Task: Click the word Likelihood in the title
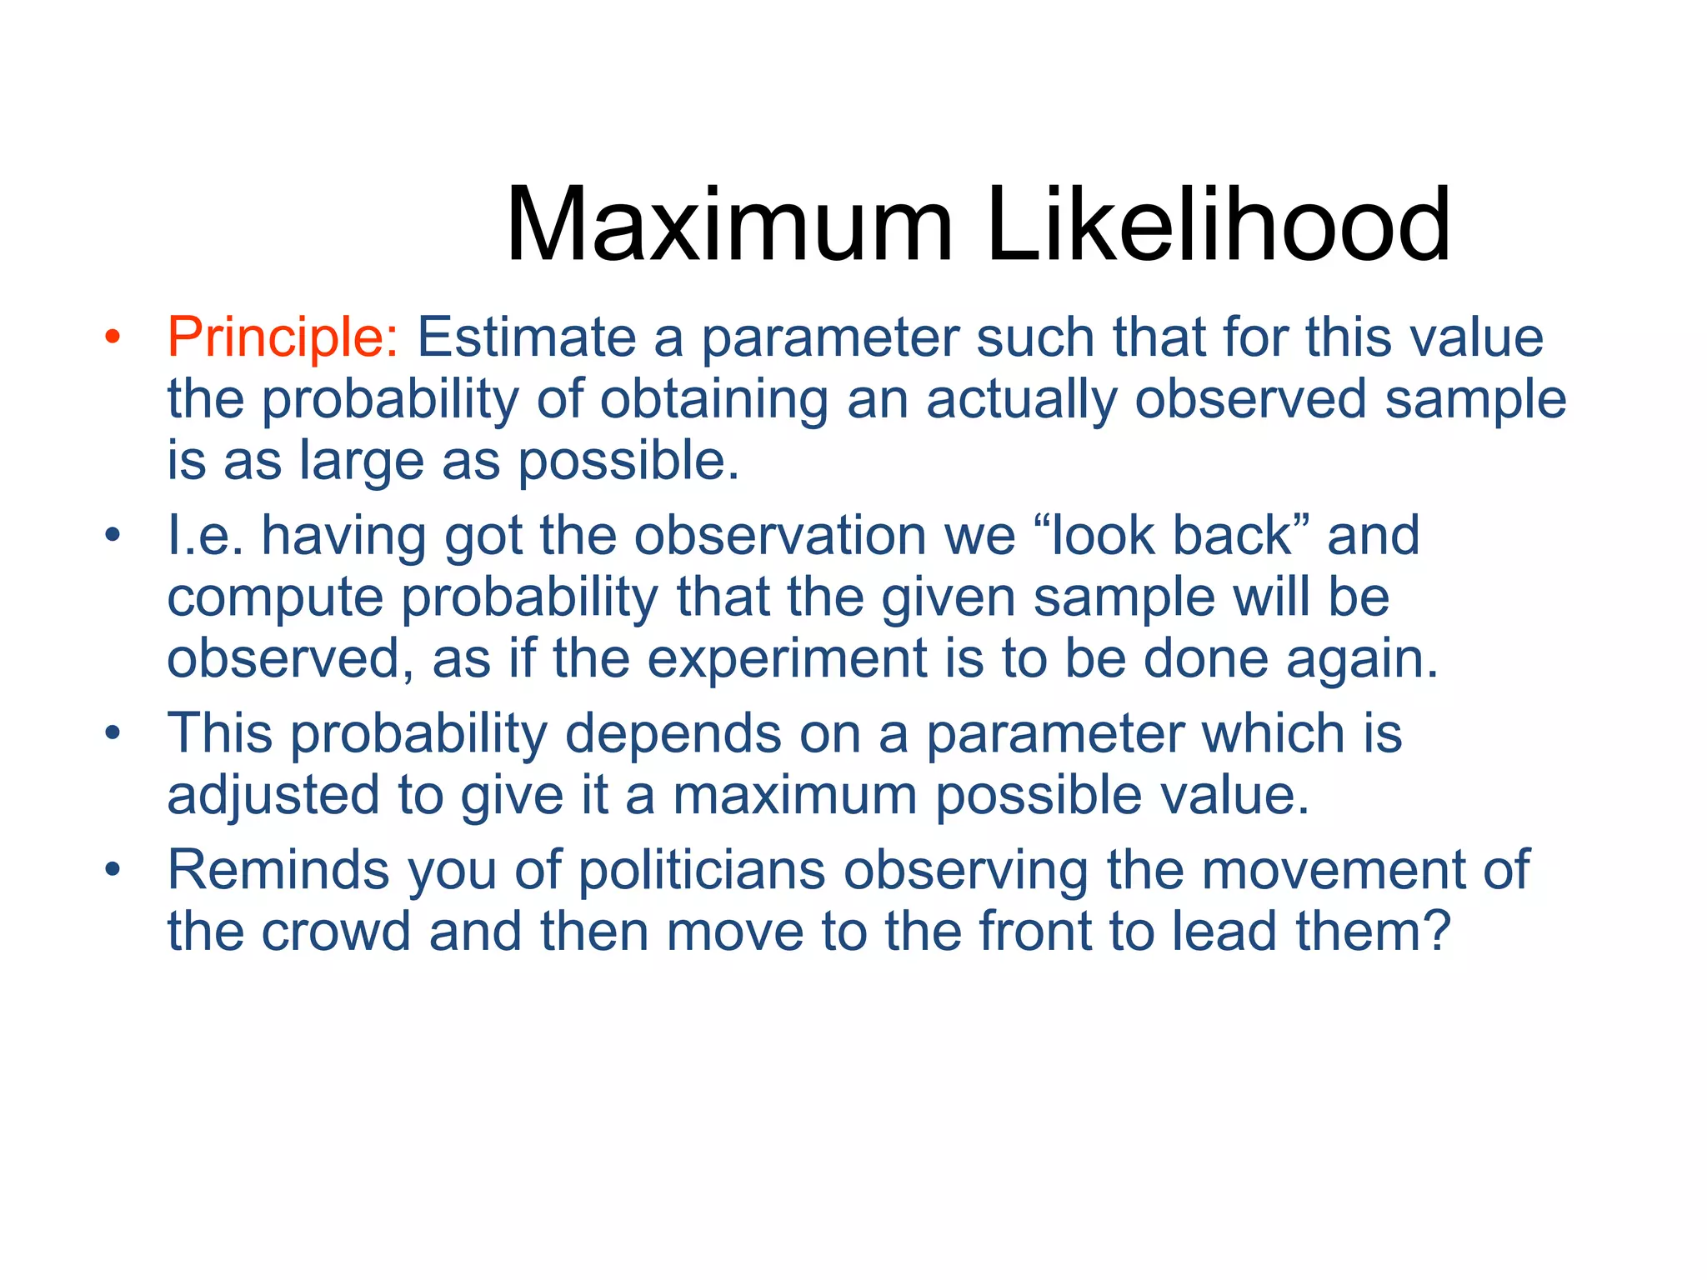[1218, 226]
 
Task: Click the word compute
[275, 598]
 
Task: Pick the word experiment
[787, 659]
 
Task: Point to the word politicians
[701, 870]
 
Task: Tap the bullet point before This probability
[113, 734]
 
